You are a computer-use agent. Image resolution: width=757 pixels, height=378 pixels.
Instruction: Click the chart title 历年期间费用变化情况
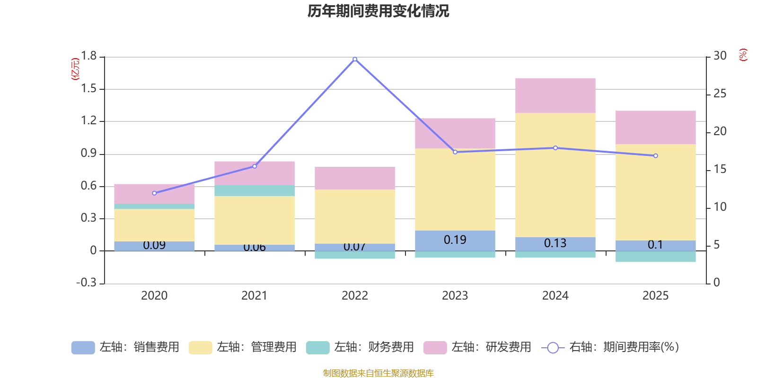point(378,11)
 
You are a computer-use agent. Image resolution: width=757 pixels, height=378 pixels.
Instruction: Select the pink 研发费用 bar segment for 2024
point(555,95)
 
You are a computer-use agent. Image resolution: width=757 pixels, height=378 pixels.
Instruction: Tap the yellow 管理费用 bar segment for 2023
point(455,189)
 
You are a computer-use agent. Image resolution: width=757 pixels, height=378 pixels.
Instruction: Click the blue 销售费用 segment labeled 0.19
point(455,241)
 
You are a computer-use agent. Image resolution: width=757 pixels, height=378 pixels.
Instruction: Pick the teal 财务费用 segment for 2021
point(254,190)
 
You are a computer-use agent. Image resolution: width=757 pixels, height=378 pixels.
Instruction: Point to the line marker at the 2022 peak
point(355,59)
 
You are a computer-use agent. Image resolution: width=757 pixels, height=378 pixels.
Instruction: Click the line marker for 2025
point(655,155)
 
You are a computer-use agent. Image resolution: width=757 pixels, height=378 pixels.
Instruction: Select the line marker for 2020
point(154,193)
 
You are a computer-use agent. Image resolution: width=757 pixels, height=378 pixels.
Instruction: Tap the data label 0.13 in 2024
point(555,243)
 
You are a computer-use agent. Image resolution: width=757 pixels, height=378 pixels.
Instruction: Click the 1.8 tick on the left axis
point(88,56)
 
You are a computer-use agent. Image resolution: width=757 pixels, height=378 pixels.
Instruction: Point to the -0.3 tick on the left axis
point(87,283)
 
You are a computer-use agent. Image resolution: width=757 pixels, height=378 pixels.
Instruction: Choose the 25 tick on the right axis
point(720,94)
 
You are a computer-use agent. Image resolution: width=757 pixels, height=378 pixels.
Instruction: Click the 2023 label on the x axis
point(455,296)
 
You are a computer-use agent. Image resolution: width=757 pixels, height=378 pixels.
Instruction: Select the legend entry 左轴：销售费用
point(125,347)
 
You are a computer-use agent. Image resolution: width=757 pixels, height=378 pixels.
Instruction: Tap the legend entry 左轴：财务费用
point(360,347)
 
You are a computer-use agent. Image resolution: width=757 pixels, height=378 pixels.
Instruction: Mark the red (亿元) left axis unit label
point(75,69)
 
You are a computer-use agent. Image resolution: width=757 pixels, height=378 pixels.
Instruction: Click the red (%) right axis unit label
point(743,55)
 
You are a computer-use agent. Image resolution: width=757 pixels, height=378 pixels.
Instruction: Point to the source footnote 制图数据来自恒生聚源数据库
point(378,373)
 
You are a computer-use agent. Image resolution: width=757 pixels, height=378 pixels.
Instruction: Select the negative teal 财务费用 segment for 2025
point(655,257)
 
